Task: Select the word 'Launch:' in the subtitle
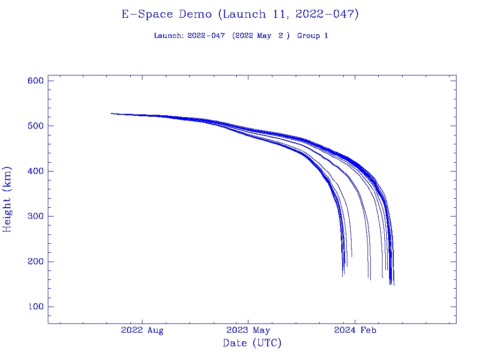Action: tap(169, 36)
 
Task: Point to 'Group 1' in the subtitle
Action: tap(312, 36)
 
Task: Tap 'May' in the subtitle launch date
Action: tap(264, 36)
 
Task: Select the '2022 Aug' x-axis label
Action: tap(142, 330)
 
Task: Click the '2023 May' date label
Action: tap(248, 330)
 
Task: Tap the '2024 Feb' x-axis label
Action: tap(355, 330)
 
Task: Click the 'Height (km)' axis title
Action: tap(7, 199)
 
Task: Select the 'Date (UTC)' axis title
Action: tap(252, 344)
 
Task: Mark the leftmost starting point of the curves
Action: tap(112, 113)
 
